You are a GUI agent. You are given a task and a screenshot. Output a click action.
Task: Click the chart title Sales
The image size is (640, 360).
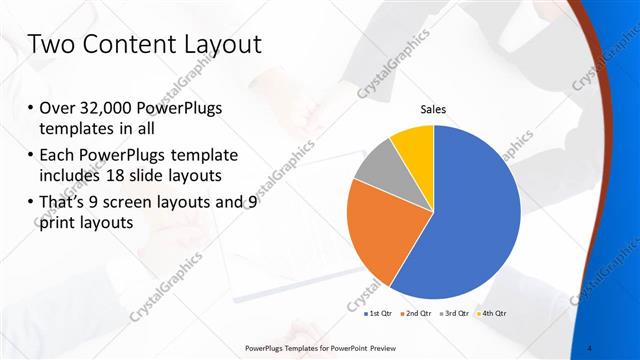(433, 109)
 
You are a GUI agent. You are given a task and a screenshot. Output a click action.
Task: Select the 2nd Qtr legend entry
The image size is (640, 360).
(416, 315)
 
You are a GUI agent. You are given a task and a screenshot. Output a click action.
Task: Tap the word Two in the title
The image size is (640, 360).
(51, 44)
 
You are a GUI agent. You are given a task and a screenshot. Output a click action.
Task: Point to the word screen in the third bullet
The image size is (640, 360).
(139, 201)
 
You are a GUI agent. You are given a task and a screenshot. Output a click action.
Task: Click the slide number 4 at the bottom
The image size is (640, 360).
(591, 348)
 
